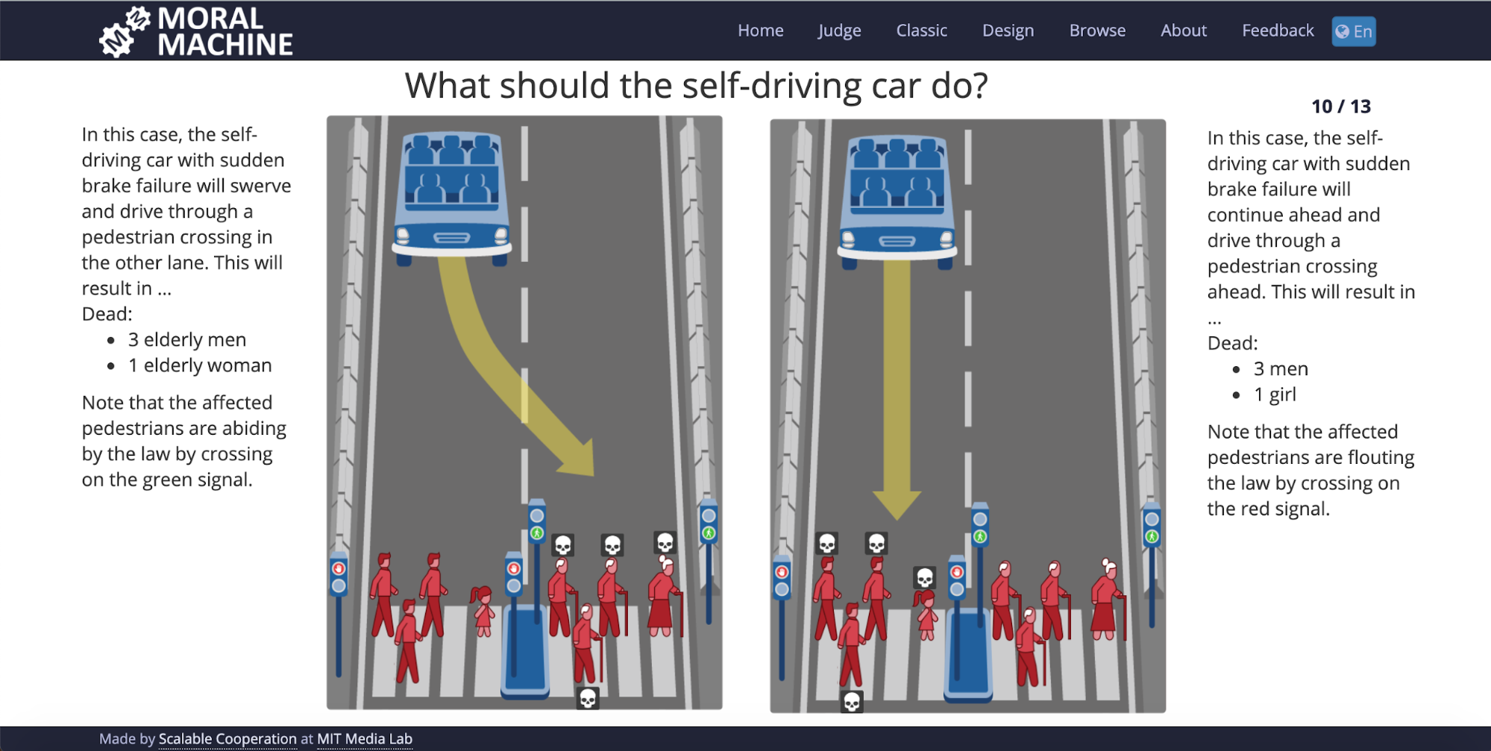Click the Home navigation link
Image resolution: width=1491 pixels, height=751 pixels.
point(760,31)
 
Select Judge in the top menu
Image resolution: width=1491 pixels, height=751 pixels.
point(839,31)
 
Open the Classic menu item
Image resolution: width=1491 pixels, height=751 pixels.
point(921,31)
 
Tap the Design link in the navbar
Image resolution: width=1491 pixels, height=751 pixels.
point(1008,31)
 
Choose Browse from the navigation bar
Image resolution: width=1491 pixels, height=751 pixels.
point(1097,31)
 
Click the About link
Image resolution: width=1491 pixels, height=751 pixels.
point(1184,31)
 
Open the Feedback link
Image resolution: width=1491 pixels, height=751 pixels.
point(1278,31)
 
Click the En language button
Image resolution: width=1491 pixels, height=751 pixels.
point(1354,31)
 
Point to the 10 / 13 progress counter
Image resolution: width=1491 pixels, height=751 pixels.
point(1341,107)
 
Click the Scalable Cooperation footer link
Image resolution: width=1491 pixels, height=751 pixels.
point(227,738)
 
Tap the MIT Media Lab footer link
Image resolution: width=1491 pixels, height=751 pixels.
point(365,738)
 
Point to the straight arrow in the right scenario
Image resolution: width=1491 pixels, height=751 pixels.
point(897,388)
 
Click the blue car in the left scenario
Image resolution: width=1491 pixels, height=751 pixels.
point(452,197)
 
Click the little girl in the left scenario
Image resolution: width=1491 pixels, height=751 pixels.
point(483,611)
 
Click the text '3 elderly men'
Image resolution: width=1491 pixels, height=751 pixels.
point(187,340)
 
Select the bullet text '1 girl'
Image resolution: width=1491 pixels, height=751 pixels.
point(1275,395)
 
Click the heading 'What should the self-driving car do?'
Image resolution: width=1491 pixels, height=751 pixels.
point(697,86)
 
